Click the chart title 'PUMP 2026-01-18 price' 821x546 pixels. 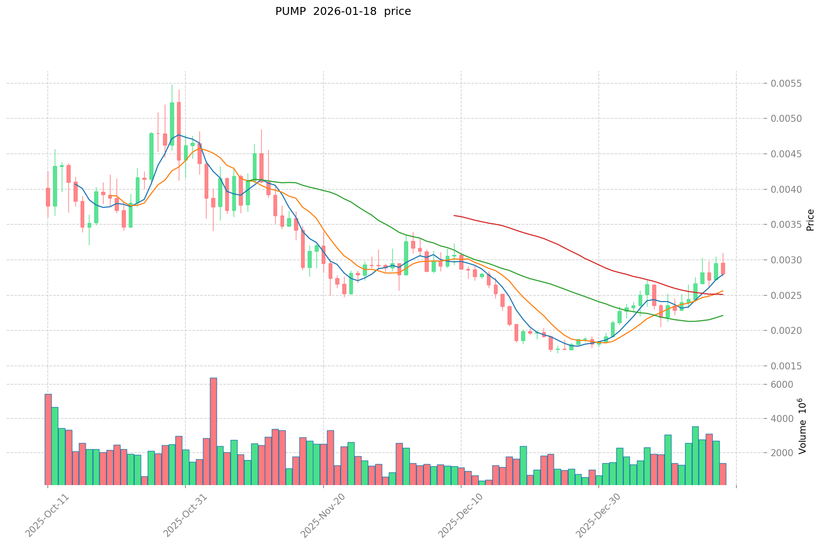click(343, 12)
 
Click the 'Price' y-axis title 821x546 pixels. click(810, 220)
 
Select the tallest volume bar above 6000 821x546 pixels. click(213, 431)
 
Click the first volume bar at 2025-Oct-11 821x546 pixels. click(48, 439)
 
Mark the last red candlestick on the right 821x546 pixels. click(723, 268)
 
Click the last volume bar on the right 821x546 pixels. click(723, 474)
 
